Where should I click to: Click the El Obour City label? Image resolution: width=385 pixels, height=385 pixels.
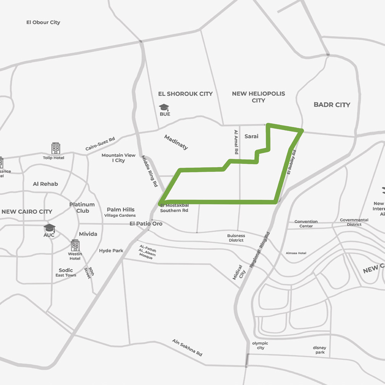point(43,23)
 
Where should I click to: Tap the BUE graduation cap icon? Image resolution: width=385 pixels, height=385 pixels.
point(164,107)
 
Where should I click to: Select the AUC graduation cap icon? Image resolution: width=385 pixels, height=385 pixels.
point(49,228)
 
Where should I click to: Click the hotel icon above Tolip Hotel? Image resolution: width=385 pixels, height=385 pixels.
point(56,148)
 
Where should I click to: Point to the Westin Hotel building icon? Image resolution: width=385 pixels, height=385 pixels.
point(75,246)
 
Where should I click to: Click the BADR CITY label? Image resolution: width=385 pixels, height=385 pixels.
point(332,105)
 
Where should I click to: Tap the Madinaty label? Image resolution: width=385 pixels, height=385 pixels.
point(176,142)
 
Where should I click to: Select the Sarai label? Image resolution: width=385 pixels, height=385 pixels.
point(251,136)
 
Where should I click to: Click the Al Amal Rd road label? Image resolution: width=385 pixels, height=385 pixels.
point(236,142)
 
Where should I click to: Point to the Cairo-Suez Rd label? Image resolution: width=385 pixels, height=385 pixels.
point(100,144)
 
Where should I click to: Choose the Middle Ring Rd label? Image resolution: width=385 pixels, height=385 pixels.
point(149,171)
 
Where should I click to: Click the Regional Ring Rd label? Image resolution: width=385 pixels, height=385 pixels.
point(260,249)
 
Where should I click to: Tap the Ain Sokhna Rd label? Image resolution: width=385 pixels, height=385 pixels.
point(187,348)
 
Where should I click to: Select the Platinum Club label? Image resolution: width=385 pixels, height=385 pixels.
point(82,208)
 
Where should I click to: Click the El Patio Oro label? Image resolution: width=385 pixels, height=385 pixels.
point(146,224)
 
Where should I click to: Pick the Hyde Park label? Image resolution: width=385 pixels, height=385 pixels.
point(111,251)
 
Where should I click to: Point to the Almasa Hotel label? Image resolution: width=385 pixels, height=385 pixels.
point(296,253)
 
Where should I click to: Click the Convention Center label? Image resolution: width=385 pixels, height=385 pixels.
point(306,224)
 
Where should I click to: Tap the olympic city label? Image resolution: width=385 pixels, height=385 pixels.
point(260,346)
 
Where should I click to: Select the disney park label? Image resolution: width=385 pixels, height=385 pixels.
point(320,350)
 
